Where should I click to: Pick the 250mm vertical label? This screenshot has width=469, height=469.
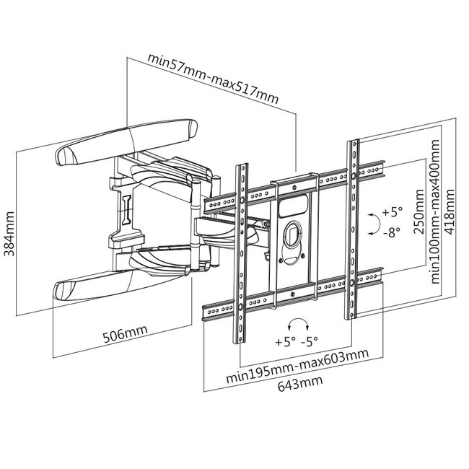pos(420,216)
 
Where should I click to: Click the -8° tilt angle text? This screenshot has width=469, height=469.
pos(394,232)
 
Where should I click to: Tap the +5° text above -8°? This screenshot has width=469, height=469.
pos(393,212)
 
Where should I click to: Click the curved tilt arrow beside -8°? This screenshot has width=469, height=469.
pos(372,223)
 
